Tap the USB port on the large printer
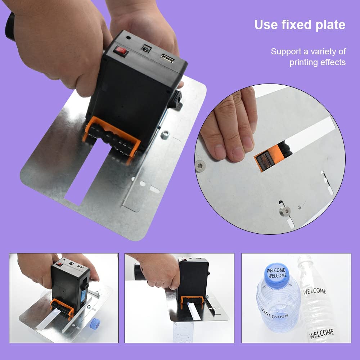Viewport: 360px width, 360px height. [x=167, y=58]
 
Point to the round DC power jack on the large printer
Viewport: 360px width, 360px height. [x=145, y=49]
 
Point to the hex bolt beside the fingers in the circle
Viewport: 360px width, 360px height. [x=200, y=166]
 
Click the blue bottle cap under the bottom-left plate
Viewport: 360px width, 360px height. [x=95, y=323]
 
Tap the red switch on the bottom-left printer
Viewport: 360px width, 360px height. [x=59, y=264]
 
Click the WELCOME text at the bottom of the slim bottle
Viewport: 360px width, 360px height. [x=321, y=334]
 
